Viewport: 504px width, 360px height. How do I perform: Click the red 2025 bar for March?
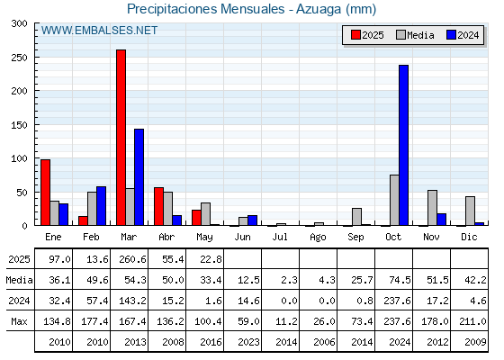121,138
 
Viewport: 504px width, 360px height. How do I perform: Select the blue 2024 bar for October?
404,145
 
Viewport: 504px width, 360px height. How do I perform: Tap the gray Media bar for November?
432,208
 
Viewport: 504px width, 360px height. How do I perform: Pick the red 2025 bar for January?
46,193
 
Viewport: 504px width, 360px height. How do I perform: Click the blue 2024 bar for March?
139,177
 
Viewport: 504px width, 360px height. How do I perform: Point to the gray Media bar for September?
356,217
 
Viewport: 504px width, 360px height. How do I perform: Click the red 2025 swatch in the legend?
355,35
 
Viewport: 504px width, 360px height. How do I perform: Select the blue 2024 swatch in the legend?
451,35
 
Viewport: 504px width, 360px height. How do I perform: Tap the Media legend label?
421,35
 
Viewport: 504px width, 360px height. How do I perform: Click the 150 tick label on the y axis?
19,125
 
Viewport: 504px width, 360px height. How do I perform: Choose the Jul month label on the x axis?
280,238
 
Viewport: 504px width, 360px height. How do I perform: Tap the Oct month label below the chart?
393,238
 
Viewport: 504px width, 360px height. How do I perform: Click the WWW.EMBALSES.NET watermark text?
99,31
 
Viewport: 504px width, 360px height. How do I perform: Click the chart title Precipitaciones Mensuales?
206,9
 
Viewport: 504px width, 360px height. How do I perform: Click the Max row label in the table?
19,321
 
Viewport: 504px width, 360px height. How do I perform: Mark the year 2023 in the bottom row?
248,342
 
